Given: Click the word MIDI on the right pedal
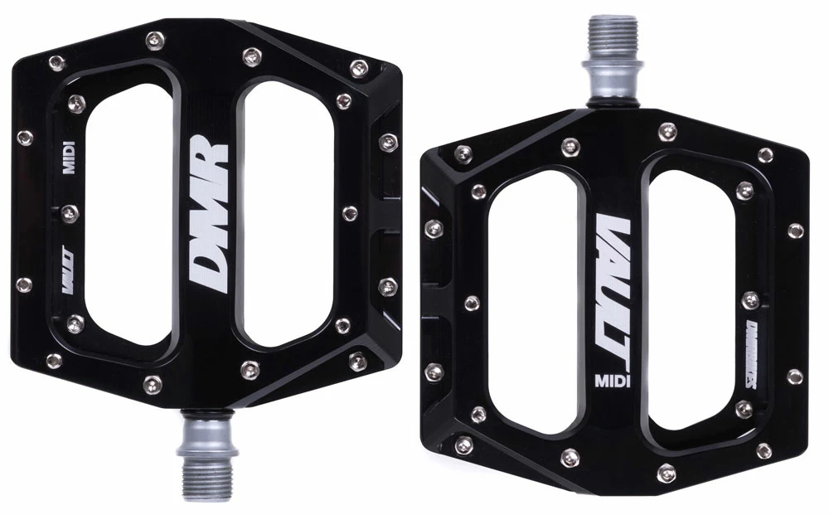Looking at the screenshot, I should [611, 381].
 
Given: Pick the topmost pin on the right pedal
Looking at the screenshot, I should [667, 131].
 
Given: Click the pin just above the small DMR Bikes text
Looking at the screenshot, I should [750, 299].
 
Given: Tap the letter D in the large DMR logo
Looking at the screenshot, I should [203, 273].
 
